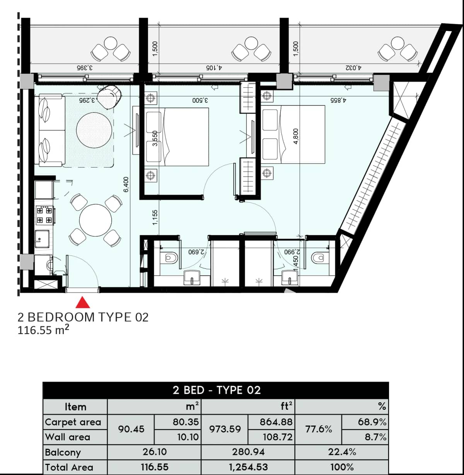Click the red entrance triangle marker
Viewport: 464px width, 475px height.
click(82, 302)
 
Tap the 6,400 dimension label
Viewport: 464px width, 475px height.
click(126, 184)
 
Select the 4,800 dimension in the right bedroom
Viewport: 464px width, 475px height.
click(296, 136)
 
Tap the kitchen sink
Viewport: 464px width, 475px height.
click(42, 239)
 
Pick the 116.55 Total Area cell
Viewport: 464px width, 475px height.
click(154, 467)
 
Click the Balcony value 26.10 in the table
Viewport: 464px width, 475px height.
click(154, 451)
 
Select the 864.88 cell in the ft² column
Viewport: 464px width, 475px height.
click(276, 422)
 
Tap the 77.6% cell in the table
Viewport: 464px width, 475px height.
click(318, 429)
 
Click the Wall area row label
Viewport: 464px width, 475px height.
click(68, 437)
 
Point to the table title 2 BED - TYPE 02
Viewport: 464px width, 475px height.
click(216, 390)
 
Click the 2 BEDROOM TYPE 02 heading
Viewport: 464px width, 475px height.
click(83, 317)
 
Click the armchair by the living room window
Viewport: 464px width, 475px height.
click(109, 97)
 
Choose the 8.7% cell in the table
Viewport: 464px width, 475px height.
click(375, 437)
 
